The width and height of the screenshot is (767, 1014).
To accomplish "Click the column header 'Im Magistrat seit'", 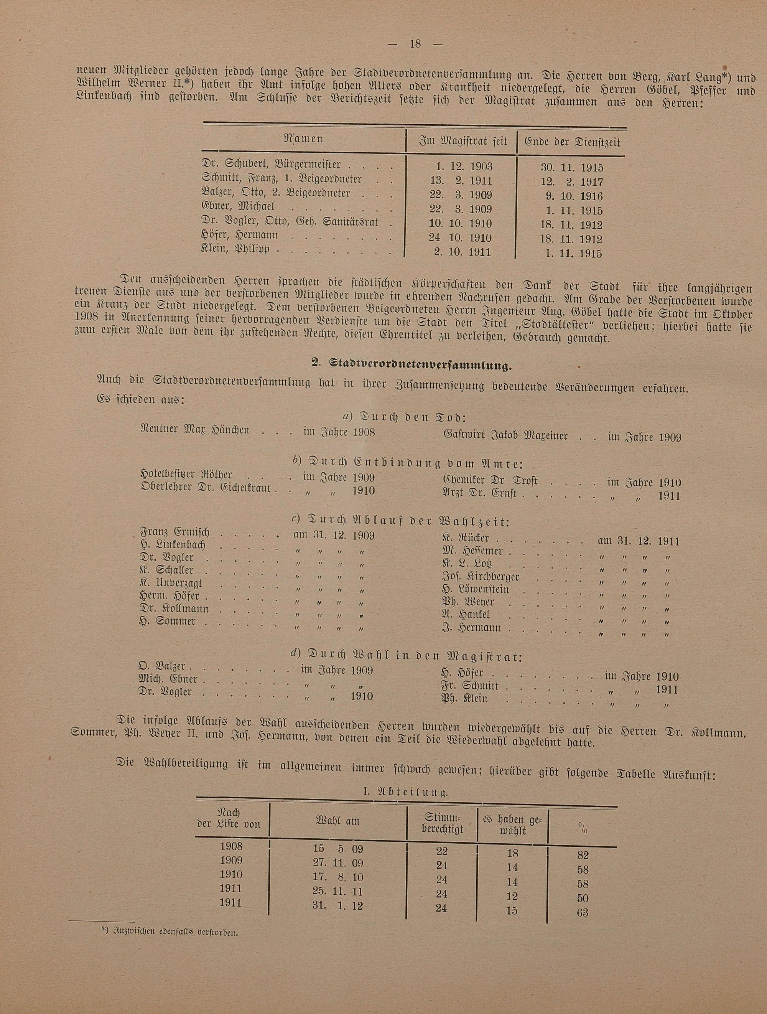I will click(463, 142).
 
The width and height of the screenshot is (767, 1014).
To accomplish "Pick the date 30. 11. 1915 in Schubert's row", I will click(571, 168).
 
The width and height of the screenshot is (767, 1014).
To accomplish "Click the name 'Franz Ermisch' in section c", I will click(174, 533).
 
